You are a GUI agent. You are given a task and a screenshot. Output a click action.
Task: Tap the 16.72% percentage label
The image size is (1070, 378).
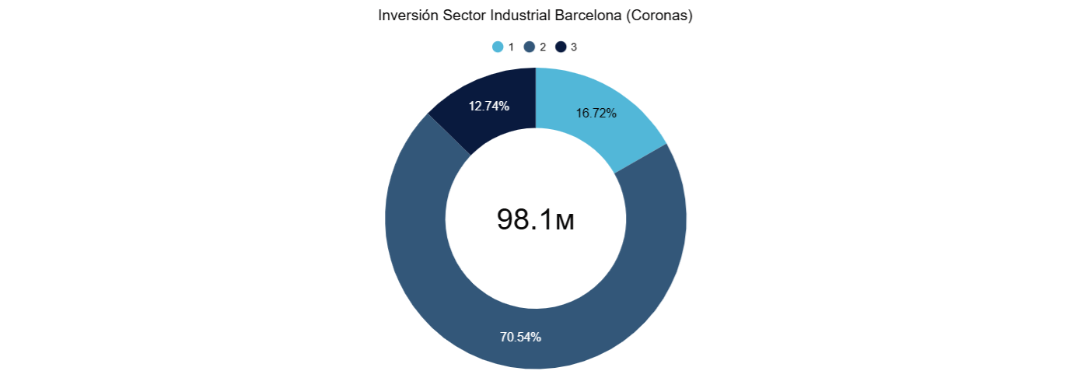coord(596,114)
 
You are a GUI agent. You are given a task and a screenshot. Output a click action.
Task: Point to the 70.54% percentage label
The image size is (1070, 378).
coord(520,338)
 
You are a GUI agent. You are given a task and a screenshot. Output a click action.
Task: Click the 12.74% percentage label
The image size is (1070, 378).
coord(488,106)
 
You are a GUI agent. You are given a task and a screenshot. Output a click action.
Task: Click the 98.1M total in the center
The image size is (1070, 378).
coord(536,219)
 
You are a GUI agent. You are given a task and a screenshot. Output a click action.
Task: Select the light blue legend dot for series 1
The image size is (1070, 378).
coord(498,47)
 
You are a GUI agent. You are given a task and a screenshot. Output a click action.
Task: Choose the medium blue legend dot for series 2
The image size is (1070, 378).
coord(530,47)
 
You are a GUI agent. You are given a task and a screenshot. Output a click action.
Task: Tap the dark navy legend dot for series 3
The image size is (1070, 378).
coord(561,47)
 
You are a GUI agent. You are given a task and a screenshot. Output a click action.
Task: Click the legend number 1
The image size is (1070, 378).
coord(511,47)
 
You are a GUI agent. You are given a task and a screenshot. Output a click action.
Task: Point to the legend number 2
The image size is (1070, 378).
coord(543,47)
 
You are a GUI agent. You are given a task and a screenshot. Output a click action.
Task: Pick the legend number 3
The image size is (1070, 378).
coord(574,47)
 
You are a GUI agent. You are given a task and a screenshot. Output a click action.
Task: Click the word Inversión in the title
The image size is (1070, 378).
coord(408,16)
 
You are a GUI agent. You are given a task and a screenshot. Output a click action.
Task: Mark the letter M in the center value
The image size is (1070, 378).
coord(565,222)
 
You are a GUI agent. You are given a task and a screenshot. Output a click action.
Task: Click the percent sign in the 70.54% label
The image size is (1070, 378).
coord(536,338)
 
